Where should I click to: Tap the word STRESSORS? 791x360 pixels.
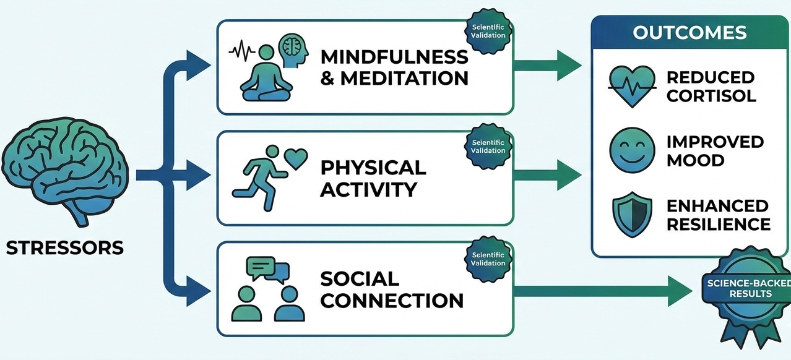tap(65, 249)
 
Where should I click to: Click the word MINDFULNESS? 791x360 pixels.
tap(394, 57)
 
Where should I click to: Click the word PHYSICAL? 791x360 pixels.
tap(373, 167)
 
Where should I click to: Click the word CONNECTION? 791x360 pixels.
tap(392, 301)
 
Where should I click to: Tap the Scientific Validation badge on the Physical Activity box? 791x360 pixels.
tap(488, 147)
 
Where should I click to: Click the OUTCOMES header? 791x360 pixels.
tap(689, 33)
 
